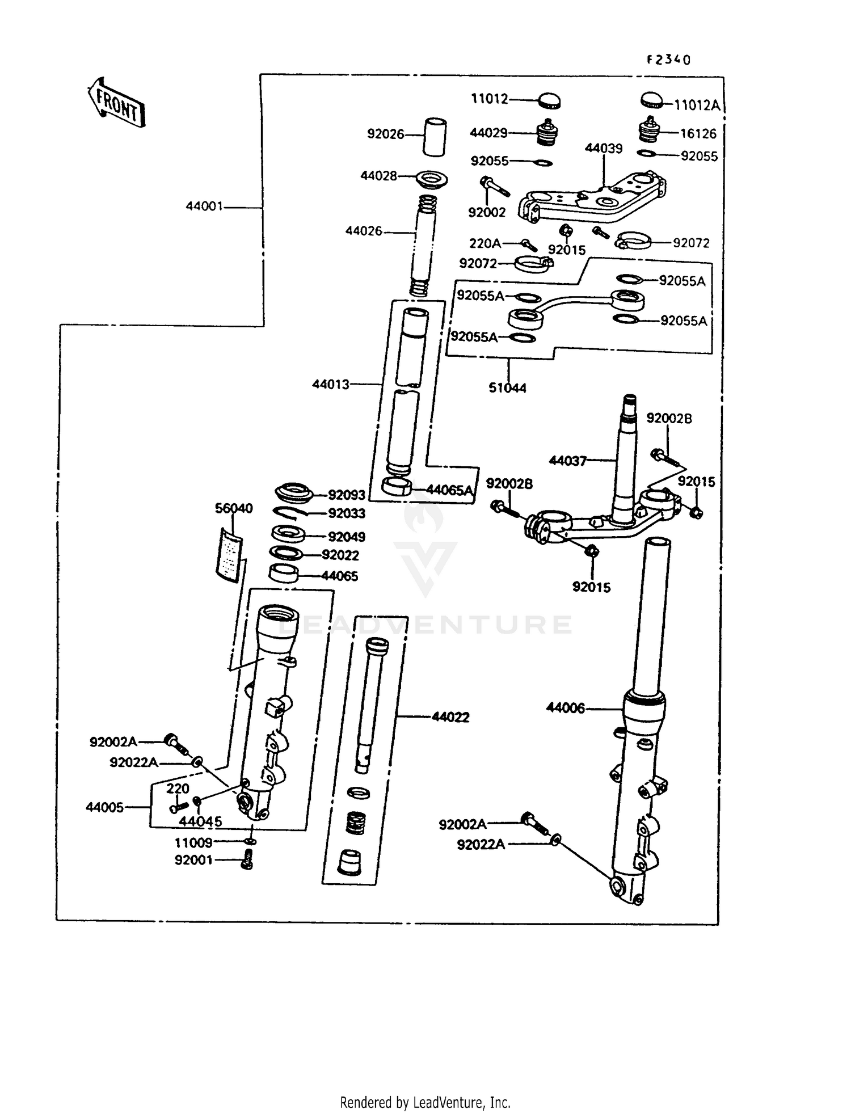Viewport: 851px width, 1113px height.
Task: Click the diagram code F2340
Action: click(x=669, y=60)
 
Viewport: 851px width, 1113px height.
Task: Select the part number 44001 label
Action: click(x=204, y=206)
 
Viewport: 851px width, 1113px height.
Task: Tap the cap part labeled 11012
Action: click(x=549, y=101)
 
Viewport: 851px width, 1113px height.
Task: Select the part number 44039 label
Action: click(x=604, y=149)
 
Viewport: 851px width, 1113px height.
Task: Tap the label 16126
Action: click(x=698, y=134)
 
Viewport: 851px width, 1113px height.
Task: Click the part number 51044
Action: click(x=507, y=389)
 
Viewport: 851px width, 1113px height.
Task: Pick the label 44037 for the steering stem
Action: click(x=567, y=461)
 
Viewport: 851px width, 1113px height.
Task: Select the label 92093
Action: click(x=347, y=495)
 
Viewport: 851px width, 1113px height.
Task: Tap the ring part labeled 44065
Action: click(x=284, y=573)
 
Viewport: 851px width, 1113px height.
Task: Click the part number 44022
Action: click(x=450, y=718)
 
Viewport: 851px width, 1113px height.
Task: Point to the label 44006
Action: click(x=565, y=708)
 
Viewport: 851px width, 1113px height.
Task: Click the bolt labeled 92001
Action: click(x=247, y=860)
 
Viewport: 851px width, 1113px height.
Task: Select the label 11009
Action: click(x=193, y=843)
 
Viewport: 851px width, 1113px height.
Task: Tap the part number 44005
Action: click(x=104, y=807)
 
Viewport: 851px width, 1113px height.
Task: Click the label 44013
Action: click(x=330, y=385)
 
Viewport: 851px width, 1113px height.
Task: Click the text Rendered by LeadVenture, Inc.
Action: click(x=425, y=1102)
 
